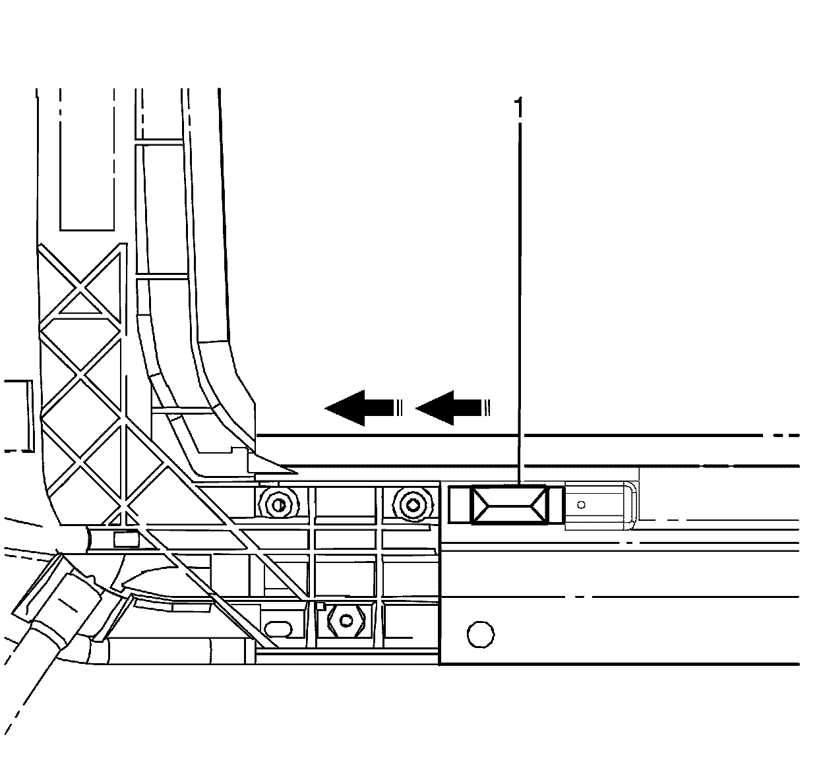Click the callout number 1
coord(520,107)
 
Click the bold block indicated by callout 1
coord(510,505)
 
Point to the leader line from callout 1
coord(520,297)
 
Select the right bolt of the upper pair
coord(413,505)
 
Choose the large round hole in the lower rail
coord(480,634)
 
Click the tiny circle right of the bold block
coord(581,505)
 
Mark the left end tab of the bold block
coord(460,505)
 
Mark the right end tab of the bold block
coord(557,505)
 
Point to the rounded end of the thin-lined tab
coord(629,506)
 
